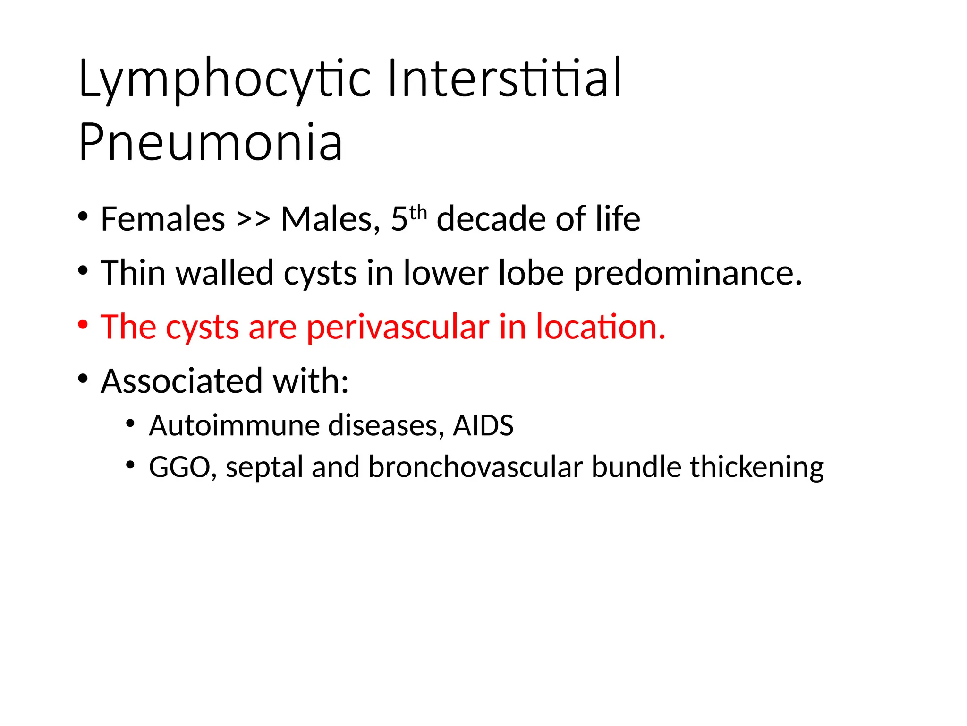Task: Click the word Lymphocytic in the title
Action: (225, 79)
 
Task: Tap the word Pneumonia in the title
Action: (211, 142)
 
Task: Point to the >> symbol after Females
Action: (254, 220)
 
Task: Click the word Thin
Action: (133, 273)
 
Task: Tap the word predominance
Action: (688, 274)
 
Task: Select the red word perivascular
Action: (398, 327)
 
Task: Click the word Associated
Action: (182, 380)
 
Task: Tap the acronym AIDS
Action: (483, 425)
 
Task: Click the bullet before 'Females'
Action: (83, 217)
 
